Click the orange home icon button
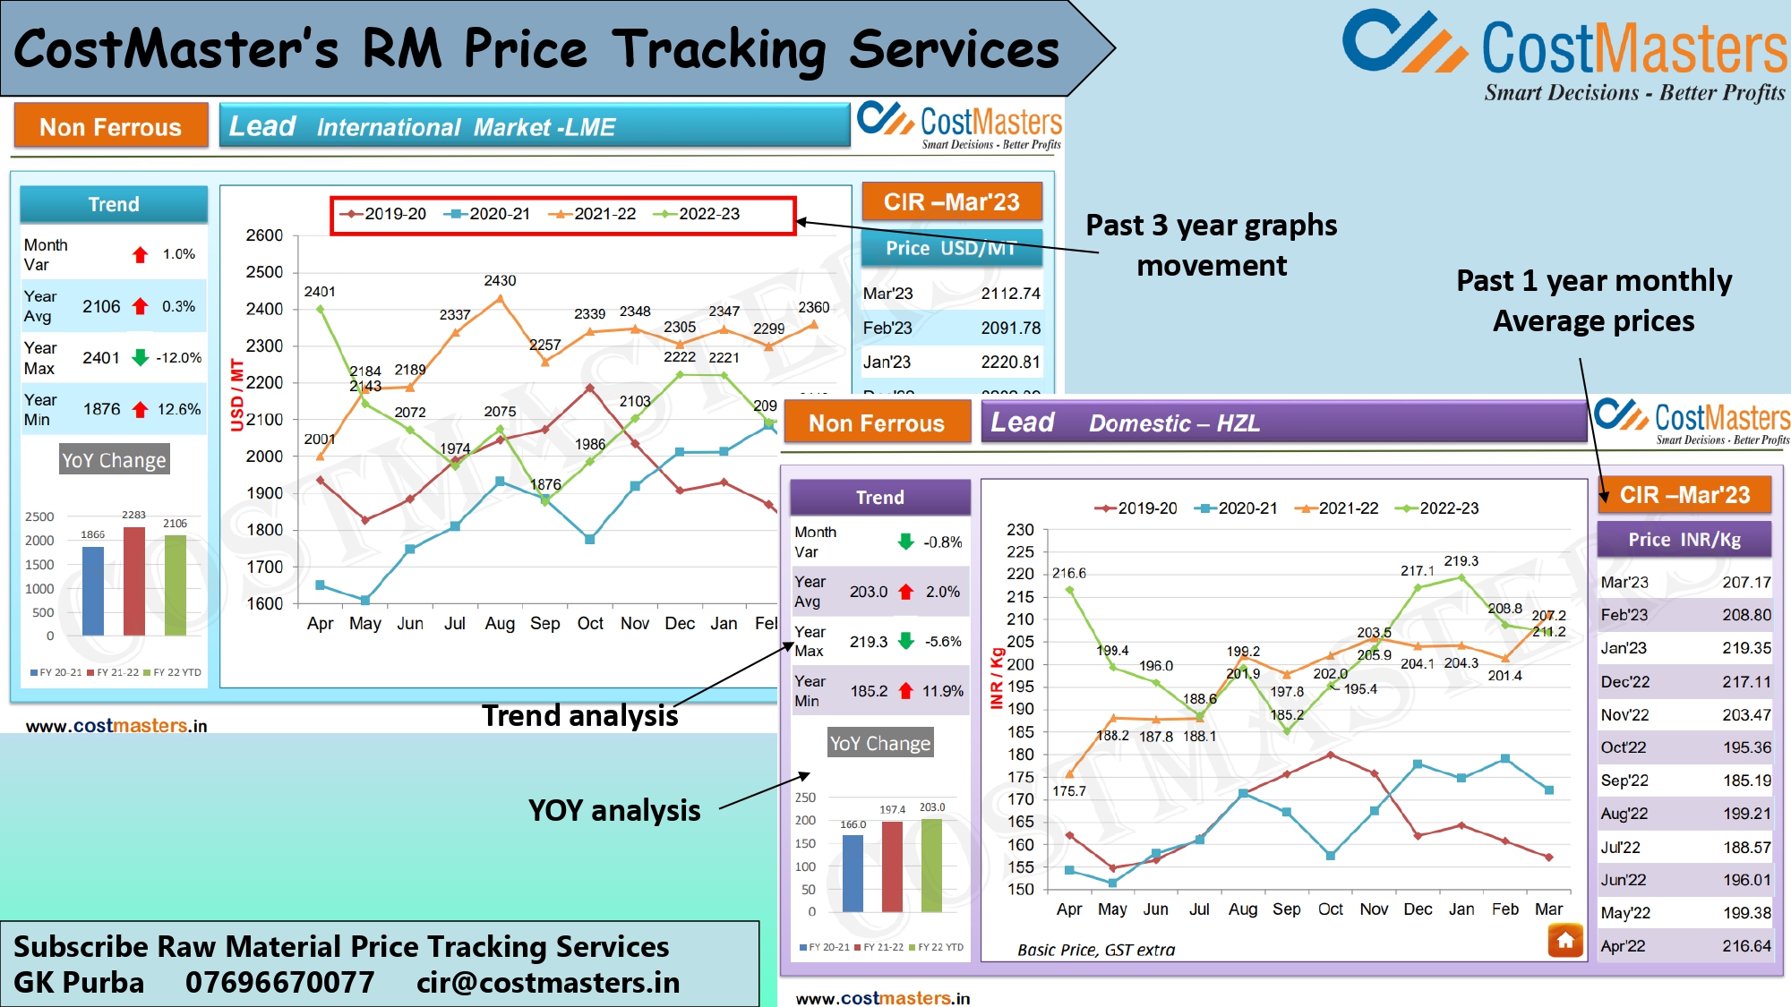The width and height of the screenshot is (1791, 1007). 1565,940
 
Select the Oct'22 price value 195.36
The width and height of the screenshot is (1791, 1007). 1746,747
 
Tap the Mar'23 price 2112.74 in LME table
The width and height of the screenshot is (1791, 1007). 1010,294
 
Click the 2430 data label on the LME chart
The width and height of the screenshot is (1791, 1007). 500,281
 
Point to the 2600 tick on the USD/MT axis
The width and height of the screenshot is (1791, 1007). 264,235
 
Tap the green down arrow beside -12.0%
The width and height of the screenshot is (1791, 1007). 140,358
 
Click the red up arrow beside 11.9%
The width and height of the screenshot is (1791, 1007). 905,691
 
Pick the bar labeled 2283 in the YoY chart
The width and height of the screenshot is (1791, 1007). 134,582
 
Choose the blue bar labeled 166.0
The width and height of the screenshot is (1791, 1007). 853,873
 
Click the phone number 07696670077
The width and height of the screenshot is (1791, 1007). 279,982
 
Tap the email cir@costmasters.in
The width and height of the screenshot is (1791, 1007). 548,982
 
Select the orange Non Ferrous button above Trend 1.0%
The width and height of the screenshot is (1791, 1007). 111,126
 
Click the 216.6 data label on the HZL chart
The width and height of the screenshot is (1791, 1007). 1068,573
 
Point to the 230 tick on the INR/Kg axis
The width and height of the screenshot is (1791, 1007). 1020,530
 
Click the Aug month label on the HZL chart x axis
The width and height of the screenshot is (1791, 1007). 1242,909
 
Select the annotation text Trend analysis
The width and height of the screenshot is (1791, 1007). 579,716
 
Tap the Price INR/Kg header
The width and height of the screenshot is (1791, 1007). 1684,540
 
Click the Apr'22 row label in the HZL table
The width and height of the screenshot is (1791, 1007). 1623,946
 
